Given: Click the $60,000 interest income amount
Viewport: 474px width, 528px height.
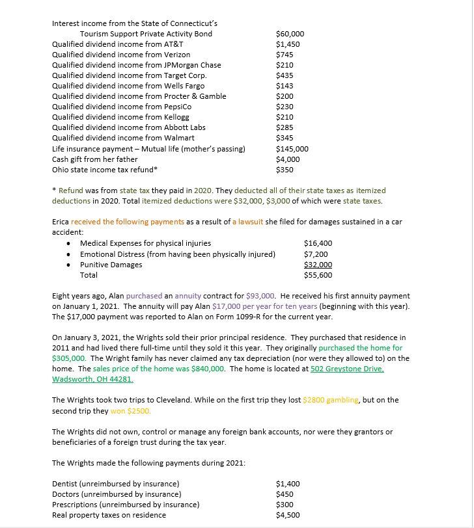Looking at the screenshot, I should pyautogui.click(x=290, y=34).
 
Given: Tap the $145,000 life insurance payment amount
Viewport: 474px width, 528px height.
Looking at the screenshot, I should pyautogui.click(x=292, y=149).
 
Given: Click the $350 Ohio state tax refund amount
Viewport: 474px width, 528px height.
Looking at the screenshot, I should pyautogui.click(x=285, y=170).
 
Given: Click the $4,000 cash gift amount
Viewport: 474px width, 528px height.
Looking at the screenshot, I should pyautogui.click(x=288, y=159).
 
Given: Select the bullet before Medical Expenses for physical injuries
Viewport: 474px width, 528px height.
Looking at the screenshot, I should pyautogui.click(x=70, y=244).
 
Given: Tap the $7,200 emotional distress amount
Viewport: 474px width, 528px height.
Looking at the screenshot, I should pyautogui.click(x=316, y=254).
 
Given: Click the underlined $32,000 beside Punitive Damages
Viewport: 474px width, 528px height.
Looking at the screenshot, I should pyautogui.click(x=318, y=265).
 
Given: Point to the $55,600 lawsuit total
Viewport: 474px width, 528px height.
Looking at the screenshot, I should pyautogui.click(x=318, y=275).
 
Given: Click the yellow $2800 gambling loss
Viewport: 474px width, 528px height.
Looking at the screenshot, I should pyautogui.click(x=318, y=400).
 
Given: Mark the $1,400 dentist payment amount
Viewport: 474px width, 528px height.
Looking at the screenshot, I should pyautogui.click(x=288, y=484).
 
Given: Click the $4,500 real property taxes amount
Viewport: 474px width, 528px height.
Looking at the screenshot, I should pyautogui.click(x=288, y=515).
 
